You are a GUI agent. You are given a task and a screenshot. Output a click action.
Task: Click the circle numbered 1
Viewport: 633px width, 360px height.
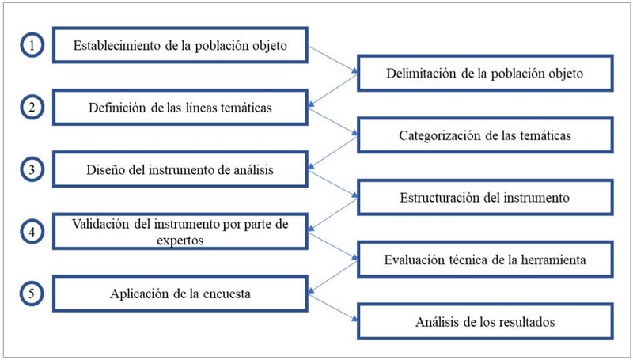tap(32, 46)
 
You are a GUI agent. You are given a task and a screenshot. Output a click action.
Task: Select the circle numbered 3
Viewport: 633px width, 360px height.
tap(32, 169)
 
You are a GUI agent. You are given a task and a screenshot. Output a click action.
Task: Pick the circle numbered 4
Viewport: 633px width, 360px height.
tap(32, 232)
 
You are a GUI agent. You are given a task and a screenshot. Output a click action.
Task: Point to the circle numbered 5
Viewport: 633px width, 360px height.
tap(32, 294)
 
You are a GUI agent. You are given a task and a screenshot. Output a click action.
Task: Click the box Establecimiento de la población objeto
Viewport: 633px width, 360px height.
tap(180, 46)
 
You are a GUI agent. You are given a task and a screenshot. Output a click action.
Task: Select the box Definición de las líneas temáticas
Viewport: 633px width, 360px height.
tap(180, 108)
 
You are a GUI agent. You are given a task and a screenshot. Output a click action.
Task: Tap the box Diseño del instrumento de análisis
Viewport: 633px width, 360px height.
tap(180, 169)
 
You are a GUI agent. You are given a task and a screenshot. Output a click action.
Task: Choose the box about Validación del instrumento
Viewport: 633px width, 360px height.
tap(180, 231)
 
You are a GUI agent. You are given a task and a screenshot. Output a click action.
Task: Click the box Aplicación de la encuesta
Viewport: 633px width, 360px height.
tap(180, 294)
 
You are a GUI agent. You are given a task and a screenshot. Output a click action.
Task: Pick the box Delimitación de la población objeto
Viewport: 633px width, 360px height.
tap(485, 74)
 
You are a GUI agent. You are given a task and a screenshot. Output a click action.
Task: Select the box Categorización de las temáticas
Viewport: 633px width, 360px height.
tap(485, 135)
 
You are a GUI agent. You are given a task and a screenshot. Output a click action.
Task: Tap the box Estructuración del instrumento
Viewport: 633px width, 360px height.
tap(485, 197)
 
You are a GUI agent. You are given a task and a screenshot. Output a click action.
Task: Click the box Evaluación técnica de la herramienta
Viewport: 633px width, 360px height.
tap(485, 260)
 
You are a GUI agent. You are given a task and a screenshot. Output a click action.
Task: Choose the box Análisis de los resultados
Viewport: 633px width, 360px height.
tap(485, 322)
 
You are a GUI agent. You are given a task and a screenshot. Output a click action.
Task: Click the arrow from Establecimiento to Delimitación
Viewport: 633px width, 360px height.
tap(332, 60)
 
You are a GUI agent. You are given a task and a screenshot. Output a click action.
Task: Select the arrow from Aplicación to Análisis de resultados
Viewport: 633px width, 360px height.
tap(332, 309)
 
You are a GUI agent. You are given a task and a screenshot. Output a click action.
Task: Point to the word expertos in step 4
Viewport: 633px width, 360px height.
tap(180, 238)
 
